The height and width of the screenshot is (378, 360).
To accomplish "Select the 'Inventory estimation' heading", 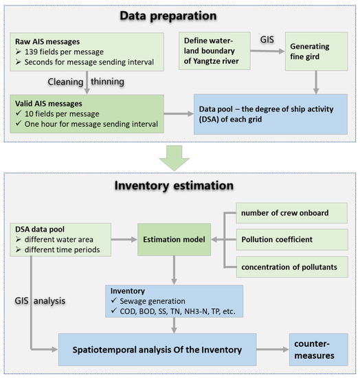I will [179, 186].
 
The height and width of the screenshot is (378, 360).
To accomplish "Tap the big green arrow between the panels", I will [179, 159].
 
